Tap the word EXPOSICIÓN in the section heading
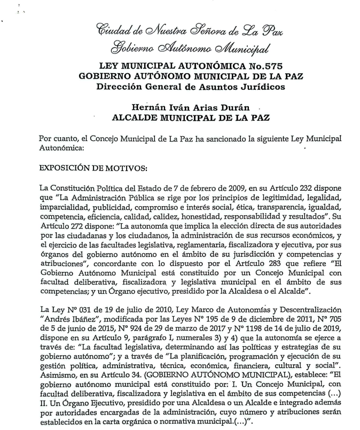[66, 168]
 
